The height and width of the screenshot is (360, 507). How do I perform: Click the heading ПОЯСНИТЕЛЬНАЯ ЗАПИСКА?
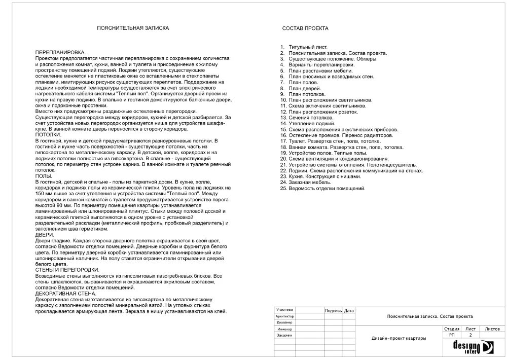(132, 29)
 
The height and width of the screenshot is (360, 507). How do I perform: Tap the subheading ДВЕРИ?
(44, 235)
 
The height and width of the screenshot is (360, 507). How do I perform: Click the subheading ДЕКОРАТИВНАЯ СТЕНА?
(64, 294)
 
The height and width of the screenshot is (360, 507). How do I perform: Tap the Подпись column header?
(333, 310)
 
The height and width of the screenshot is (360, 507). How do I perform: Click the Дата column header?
(349, 310)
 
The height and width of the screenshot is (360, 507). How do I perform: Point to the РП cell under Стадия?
(452, 335)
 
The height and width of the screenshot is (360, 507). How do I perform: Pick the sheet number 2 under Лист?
(470, 335)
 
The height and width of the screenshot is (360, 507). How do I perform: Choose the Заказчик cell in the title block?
(284, 335)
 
